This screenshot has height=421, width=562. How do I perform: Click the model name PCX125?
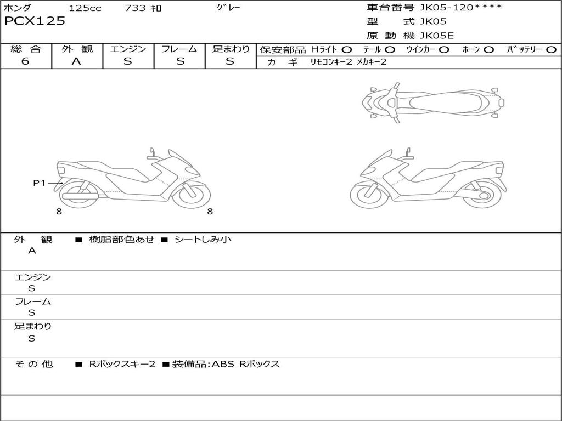coord(35,21)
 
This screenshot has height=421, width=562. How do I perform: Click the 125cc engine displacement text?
coord(85,8)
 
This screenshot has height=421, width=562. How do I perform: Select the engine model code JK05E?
coord(436,36)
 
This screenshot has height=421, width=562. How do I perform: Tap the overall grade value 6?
coord(25,61)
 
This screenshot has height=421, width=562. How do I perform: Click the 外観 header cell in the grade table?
coord(77,49)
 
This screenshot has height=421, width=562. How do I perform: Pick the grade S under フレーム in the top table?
coord(180,61)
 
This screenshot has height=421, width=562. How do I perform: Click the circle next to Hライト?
coord(347,50)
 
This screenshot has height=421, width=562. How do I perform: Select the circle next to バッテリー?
coord(551,50)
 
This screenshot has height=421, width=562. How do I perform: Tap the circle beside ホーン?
coord(488,50)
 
